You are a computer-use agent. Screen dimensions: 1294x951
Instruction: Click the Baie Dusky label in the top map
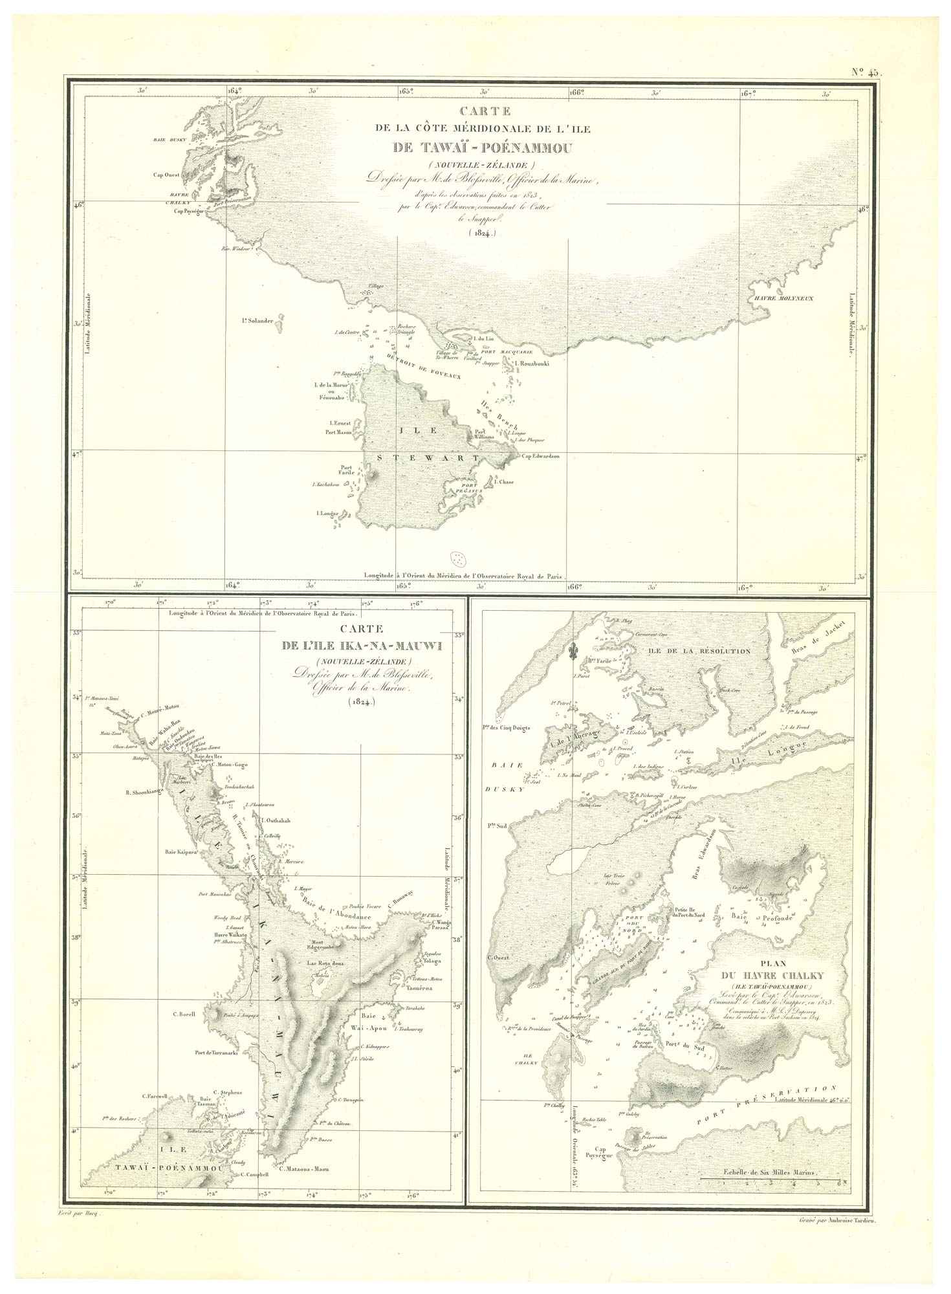[x=169, y=139]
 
